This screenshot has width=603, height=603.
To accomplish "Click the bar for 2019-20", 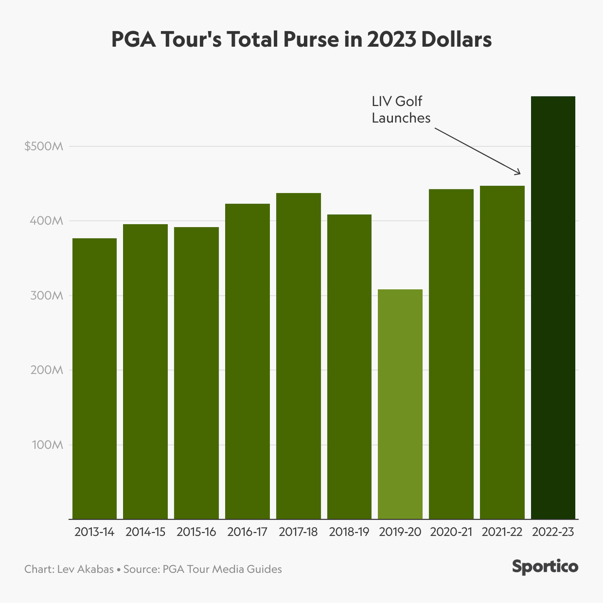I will pyautogui.click(x=400, y=404).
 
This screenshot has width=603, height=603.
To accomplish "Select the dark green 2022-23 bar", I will pyautogui.click(x=553, y=308).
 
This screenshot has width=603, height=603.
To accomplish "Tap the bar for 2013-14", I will pyautogui.click(x=94, y=378).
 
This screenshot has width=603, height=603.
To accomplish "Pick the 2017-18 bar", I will pyautogui.click(x=298, y=356).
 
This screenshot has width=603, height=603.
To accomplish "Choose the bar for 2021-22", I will pyautogui.click(x=502, y=352).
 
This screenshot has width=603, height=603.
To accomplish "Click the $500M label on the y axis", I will pyautogui.click(x=44, y=147).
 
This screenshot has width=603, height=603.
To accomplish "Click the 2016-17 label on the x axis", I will pyautogui.click(x=247, y=532).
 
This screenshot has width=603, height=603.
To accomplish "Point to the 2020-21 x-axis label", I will pyautogui.click(x=451, y=532).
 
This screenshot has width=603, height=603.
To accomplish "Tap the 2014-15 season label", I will pyautogui.click(x=145, y=532).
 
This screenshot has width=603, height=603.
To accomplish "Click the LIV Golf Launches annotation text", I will pyautogui.click(x=400, y=110).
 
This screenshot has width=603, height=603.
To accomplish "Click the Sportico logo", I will pyautogui.click(x=545, y=567).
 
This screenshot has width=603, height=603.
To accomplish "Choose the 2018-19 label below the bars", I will pyautogui.click(x=349, y=532).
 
